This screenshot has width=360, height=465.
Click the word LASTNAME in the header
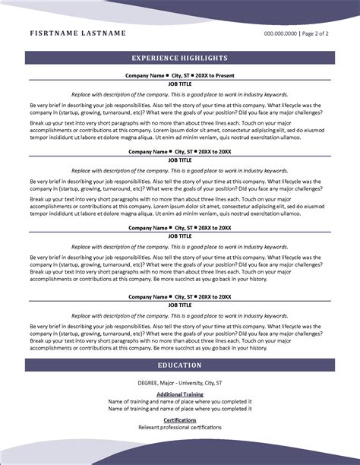[x=101, y=34]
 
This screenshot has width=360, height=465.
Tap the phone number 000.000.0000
[x=280, y=34]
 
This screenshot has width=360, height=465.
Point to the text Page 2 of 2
[x=317, y=34]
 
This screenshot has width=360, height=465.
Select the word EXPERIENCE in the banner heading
[x=156, y=58]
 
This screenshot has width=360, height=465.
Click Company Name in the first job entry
[x=144, y=76]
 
